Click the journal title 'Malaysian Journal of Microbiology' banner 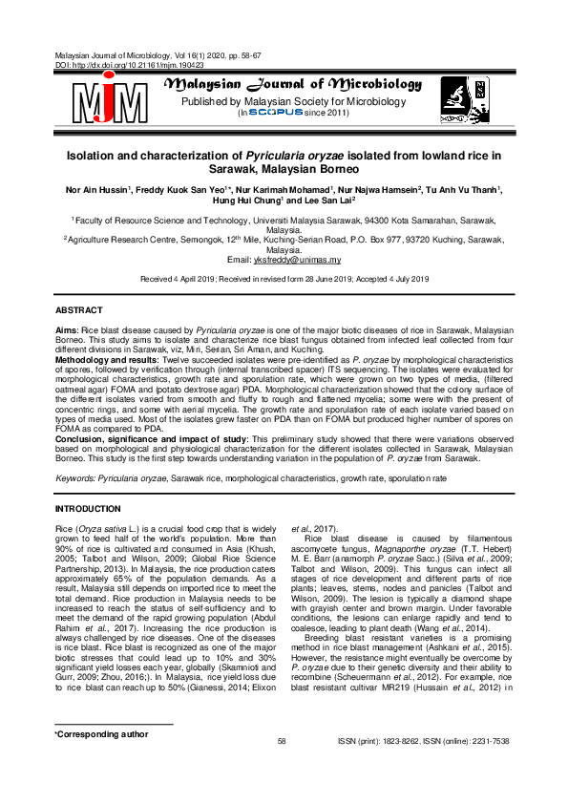click(x=293, y=85)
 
